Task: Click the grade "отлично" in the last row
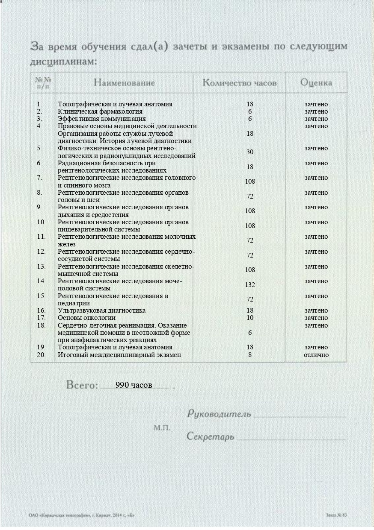(x=316, y=355)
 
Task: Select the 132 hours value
(x=250, y=285)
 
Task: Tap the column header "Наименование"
(x=124, y=82)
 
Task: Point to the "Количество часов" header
(x=239, y=82)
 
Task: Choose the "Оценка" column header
(x=316, y=82)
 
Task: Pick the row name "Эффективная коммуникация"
(x=101, y=119)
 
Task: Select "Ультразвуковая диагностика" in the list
(x=101, y=310)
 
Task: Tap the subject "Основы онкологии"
(x=86, y=318)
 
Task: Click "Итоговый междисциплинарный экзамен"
(x=119, y=355)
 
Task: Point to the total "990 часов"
(x=134, y=385)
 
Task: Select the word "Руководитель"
(x=219, y=414)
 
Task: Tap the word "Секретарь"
(x=211, y=437)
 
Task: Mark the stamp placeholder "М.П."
(x=162, y=427)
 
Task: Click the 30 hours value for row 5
(x=250, y=152)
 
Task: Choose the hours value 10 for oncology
(x=250, y=318)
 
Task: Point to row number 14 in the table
(x=41, y=281)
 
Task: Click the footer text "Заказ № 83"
(x=336, y=516)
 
